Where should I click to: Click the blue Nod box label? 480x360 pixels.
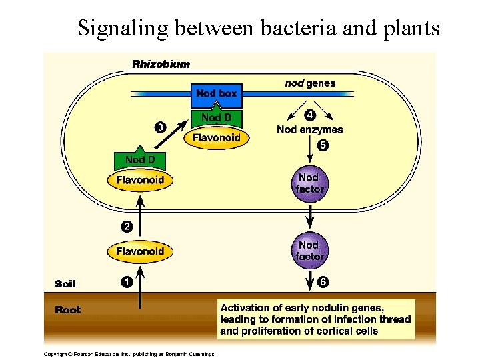(216, 93)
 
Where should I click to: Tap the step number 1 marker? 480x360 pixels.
(126, 281)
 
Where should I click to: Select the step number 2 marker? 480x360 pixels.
(126, 227)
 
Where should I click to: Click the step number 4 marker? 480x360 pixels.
(309, 115)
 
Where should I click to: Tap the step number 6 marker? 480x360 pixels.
(323, 281)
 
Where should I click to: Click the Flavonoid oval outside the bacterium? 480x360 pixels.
(140, 251)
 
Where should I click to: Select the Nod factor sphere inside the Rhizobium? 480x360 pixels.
(309, 183)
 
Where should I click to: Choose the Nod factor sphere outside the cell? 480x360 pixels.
(309, 250)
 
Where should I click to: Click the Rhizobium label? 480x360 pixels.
(161, 65)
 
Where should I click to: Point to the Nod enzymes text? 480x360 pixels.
(309, 130)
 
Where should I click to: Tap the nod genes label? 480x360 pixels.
(310, 83)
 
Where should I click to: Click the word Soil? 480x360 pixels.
(65, 284)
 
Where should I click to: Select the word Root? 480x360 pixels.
(67, 310)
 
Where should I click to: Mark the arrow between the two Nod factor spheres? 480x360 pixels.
(309, 215)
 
